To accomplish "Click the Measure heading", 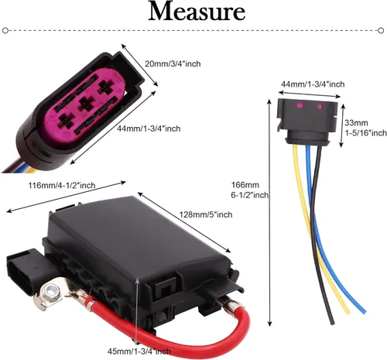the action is (x=197, y=12).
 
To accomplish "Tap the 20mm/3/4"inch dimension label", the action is (x=173, y=63).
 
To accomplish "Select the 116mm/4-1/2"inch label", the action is (x=62, y=185).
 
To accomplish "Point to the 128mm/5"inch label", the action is (x=206, y=214).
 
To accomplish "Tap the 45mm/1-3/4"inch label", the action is (x=139, y=351).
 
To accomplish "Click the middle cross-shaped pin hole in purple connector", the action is (x=87, y=103).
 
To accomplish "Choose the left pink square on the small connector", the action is (x=300, y=105).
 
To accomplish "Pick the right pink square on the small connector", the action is (x=320, y=106).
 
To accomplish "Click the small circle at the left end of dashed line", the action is (x=5, y=30).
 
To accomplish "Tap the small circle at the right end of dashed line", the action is (x=381, y=30).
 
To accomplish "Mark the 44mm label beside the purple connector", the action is (x=149, y=129).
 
